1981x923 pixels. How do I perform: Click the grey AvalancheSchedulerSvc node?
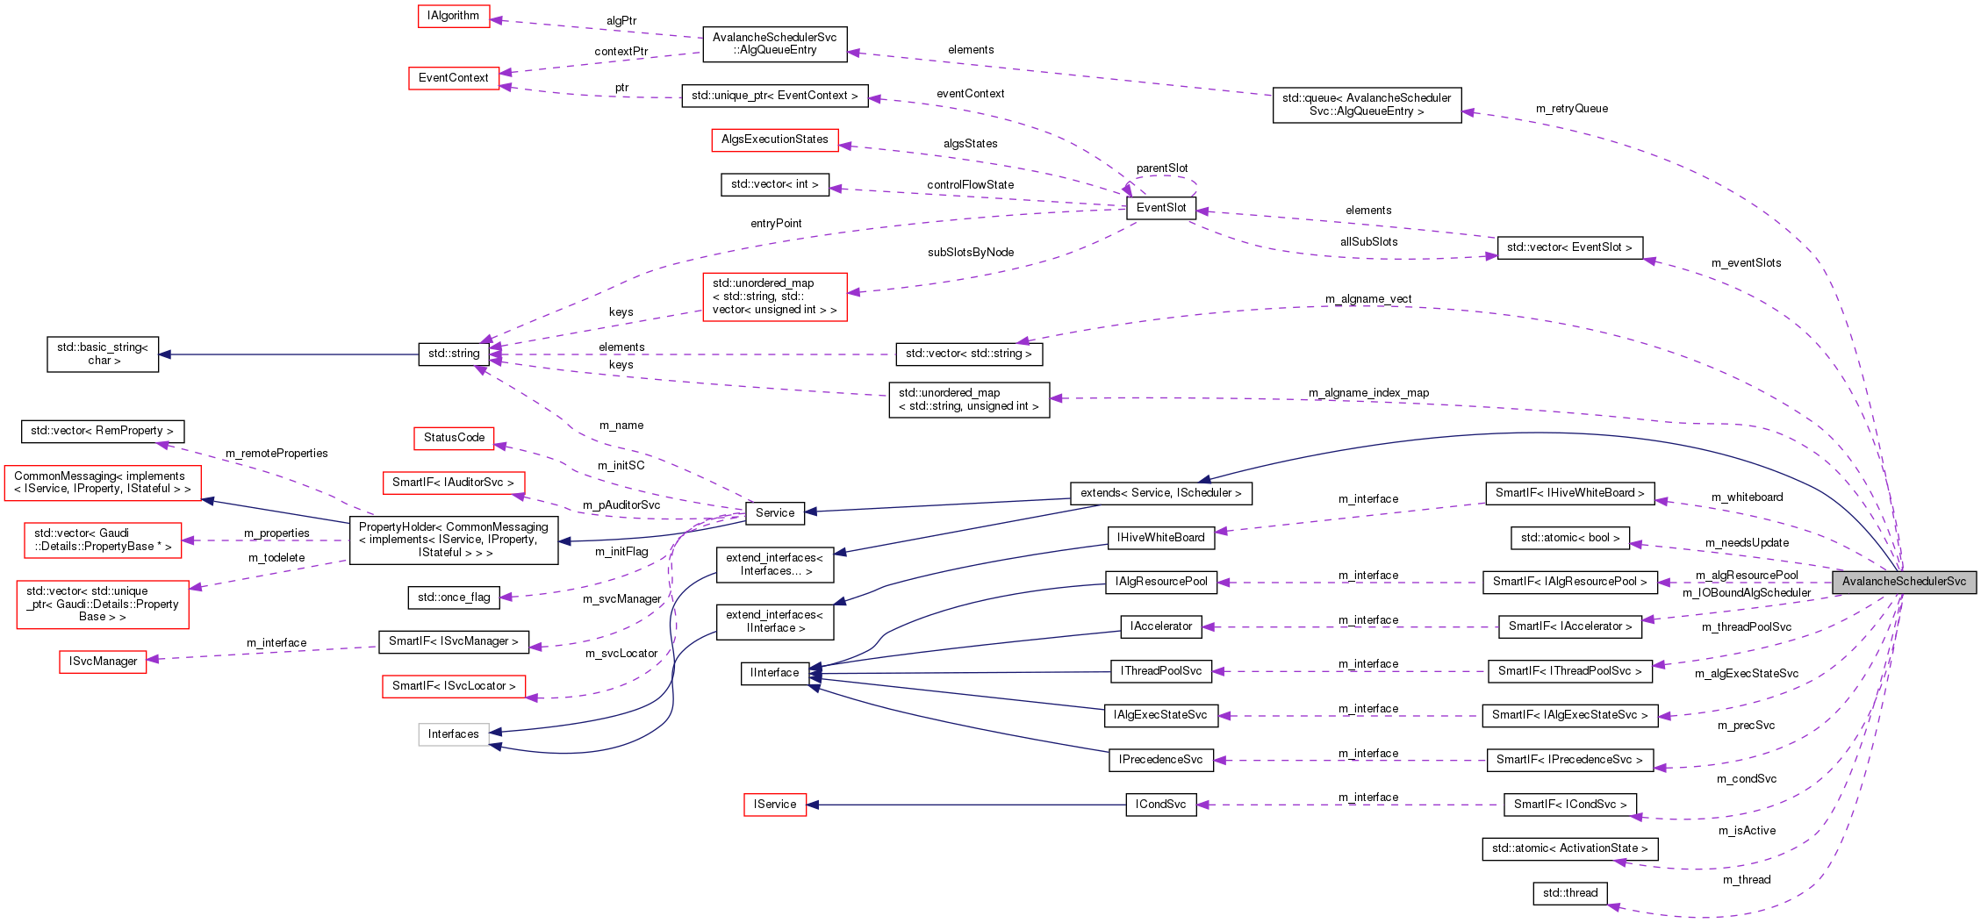point(1903,582)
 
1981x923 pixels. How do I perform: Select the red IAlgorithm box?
point(453,16)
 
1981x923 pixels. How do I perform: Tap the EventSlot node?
point(1160,208)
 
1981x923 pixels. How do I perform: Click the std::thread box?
point(1569,893)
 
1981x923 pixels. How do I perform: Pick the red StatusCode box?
point(454,438)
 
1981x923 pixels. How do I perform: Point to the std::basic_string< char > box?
point(103,354)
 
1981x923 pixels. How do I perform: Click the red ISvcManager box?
point(103,662)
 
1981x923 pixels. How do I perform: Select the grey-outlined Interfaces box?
point(453,734)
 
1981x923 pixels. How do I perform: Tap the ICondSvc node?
point(1160,805)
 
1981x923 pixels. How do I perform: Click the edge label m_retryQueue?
point(1571,109)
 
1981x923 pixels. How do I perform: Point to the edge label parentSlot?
point(1161,168)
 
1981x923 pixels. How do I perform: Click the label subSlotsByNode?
point(970,253)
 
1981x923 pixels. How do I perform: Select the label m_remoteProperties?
point(276,454)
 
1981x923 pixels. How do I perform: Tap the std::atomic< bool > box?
point(1569,538)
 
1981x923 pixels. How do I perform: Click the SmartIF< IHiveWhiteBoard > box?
point(1569,493)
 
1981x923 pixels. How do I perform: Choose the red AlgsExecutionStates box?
point(774,140)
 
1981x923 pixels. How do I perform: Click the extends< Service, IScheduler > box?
point(1160,493)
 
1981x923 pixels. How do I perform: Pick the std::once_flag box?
point(454,597)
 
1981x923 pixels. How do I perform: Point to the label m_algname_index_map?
point(1368,393)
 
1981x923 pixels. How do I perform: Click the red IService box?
point(774,805)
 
